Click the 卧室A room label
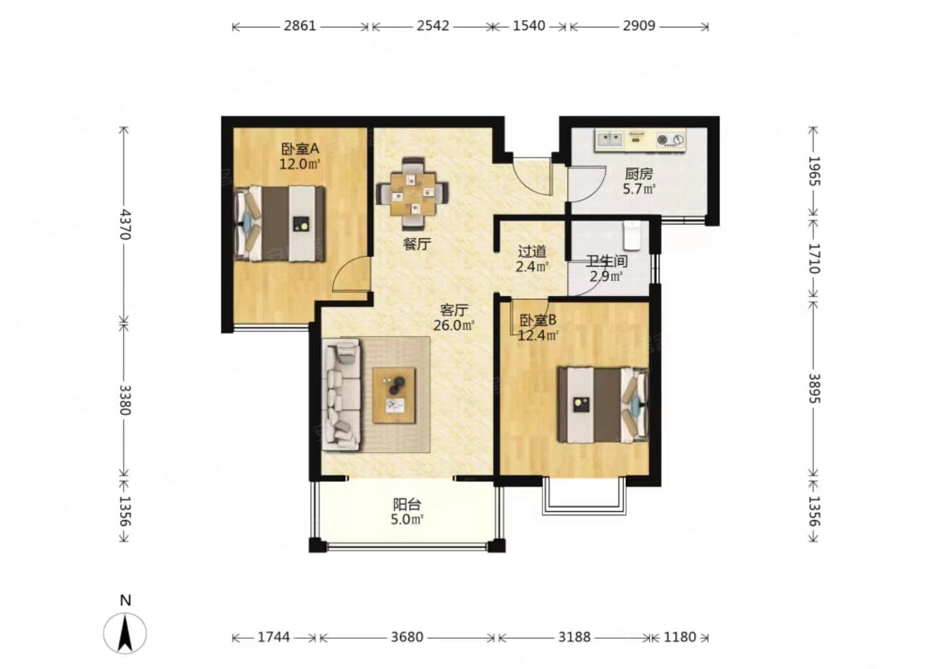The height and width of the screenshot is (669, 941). (301, 149)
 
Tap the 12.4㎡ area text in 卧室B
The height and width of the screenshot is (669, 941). (538, 336)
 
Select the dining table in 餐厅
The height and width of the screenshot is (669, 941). (412, 193)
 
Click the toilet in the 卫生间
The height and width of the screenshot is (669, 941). (632, 235)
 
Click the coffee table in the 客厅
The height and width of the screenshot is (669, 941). (394, 395)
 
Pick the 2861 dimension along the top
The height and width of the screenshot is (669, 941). (300, 26)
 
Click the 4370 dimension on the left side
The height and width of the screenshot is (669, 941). (125, 225)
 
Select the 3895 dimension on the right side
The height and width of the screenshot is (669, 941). (814, 389)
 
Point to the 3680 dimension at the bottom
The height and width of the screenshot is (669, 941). (406, 637)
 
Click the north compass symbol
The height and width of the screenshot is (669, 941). (125, 632)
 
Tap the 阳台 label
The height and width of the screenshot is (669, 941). (406, 504)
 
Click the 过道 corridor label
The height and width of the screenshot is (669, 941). (532, 252)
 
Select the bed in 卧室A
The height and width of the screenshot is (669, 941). (280, 224)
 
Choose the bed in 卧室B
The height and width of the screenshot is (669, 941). (603, 405)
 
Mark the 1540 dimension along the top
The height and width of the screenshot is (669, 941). (529, 26)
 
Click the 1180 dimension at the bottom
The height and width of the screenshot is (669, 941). (680, 637)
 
